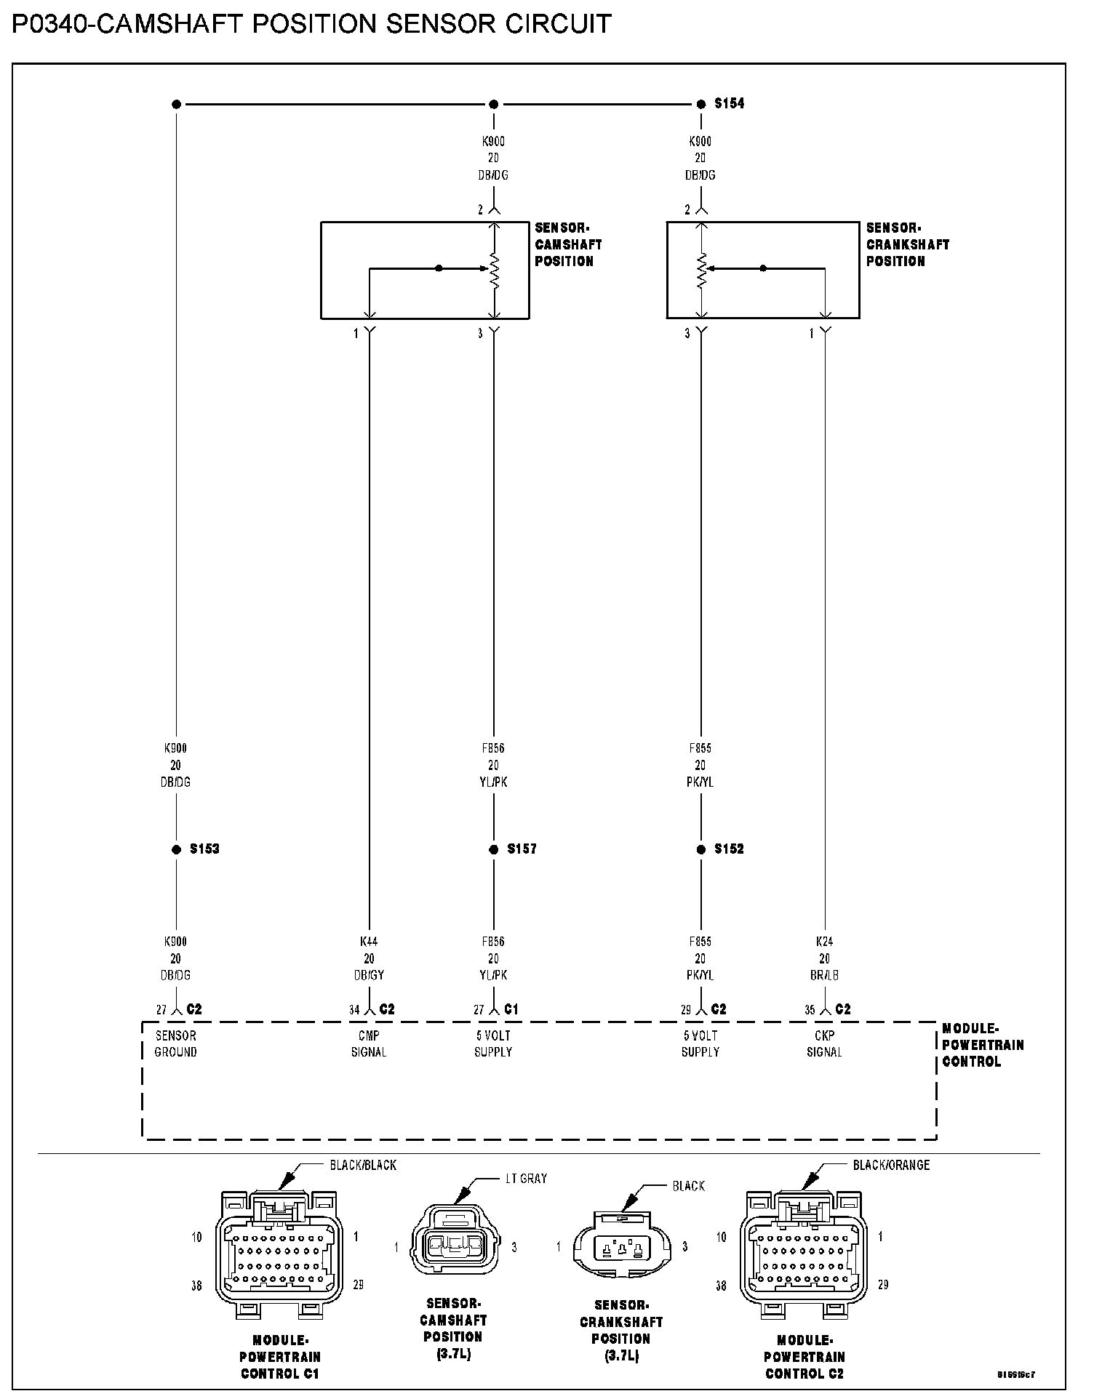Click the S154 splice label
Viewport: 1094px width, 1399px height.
point(729,103)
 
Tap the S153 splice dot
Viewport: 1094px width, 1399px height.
point(176,849)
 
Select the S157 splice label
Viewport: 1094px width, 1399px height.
point(522,849)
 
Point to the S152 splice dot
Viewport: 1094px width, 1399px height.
point(701,849)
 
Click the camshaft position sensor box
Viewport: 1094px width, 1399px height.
point(425,270)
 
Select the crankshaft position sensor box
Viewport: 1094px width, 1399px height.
point(763,270)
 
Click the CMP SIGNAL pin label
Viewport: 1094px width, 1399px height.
point(369,1043)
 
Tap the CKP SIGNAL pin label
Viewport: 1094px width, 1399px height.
point(824,1043)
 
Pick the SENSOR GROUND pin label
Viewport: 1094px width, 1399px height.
point(175,1043)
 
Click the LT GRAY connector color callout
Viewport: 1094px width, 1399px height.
point(526,1179)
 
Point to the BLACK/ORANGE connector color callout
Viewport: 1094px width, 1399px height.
point(891,1165)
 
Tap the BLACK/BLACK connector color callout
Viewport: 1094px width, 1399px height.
point(363,1165)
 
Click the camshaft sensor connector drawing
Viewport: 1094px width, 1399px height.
point(455,1246)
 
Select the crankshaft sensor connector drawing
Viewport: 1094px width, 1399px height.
point(620,1248)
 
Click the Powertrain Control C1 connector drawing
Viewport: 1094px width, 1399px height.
point(279,1254)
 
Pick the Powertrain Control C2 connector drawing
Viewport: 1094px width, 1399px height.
point(804,1254)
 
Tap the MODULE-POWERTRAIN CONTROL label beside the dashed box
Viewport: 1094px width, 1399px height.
point(983,1045)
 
